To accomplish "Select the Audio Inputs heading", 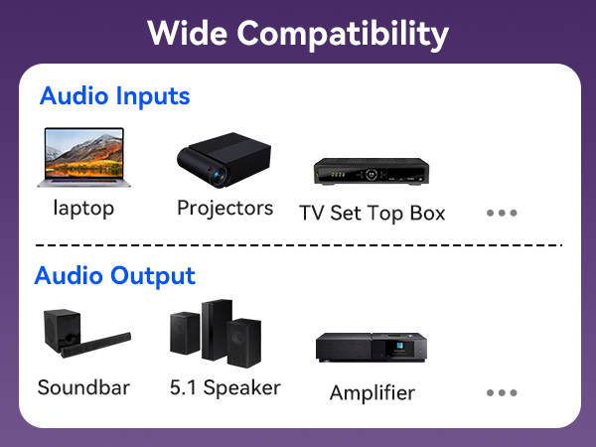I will tap(114, 97).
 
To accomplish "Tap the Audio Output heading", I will tap(114, 275).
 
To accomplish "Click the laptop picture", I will tap(83, 157).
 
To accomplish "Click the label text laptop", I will tap(83, 209).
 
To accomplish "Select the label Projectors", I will tap(224, 209).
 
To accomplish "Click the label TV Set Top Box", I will tap(372, 213).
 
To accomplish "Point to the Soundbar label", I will tap(83, 387).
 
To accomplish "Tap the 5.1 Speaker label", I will tap(224, 387).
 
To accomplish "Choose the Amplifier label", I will tap(372, 392).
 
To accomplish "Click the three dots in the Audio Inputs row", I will tap(502, 213).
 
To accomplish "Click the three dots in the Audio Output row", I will tap(502, 392).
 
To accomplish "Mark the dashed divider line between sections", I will tap(298, 244).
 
